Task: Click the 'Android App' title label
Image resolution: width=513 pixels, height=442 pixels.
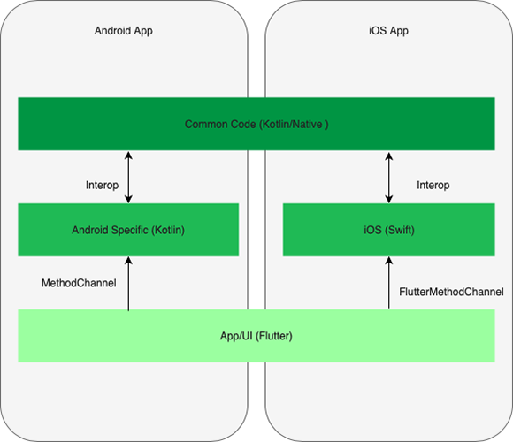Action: (x=123, y=31)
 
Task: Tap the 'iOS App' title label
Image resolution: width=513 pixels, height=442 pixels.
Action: (x=388, y=31)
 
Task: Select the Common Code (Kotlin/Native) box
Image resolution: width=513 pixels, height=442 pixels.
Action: (x=256, y=124)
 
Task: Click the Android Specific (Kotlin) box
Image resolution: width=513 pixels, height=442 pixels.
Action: (x=128, y=230)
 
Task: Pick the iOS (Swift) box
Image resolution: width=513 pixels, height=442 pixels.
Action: (x=388, y=230)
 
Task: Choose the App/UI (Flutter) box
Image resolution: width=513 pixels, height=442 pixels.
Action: (x=256, y=336)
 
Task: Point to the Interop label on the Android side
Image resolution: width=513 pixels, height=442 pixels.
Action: (x=103, y=186)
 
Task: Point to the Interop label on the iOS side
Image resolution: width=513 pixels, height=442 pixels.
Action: (x=433, y=186)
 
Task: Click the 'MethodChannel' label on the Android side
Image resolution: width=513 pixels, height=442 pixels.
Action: (x=79, y=284)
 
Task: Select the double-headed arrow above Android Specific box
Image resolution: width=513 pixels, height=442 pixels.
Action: (x=129, y=177)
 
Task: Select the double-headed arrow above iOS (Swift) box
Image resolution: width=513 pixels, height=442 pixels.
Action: (x=388, y=177)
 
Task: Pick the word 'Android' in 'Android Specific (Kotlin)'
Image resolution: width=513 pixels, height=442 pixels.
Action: (x=92, y=230)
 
